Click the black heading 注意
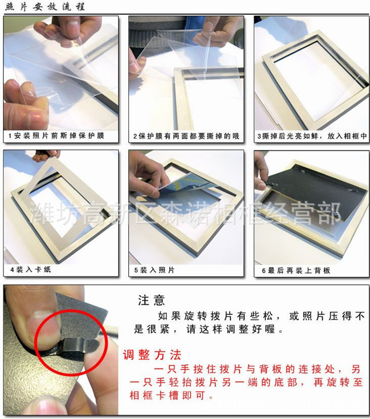click(x=151, y=301)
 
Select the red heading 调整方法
click(x=152, y=355)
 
